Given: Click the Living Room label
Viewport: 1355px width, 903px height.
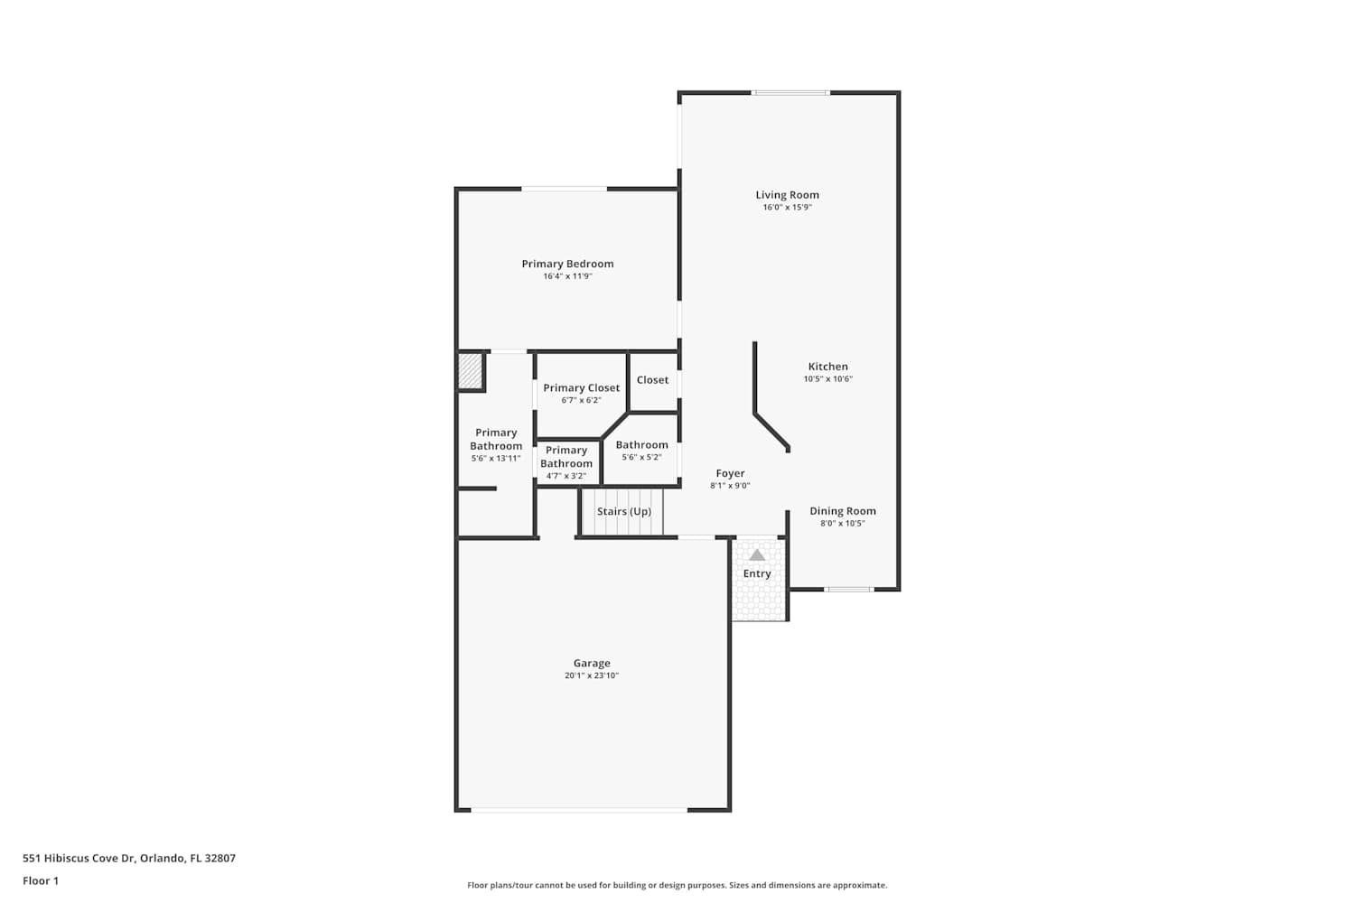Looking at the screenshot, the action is (787, 195).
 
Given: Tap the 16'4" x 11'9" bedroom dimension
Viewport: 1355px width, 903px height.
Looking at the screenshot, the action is (567, 276).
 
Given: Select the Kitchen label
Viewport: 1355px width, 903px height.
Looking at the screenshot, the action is (828, 367).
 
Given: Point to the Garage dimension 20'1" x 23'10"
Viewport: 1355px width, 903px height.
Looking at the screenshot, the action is (592, 675).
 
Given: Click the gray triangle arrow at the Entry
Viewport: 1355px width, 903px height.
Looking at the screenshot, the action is (757, 554).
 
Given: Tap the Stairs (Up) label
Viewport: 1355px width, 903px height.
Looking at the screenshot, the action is (624, 511).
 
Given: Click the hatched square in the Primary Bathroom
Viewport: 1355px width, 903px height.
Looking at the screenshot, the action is (470, 371).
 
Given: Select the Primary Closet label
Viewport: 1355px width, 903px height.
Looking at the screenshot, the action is (582, 387).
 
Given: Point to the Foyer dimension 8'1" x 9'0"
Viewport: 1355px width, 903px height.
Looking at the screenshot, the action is (730, 486).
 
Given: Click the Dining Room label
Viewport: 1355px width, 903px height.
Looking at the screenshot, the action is (843, 511).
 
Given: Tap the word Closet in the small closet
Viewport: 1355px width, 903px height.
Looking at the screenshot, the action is (653, 380).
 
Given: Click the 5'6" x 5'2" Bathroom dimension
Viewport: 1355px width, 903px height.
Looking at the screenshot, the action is (641, 457).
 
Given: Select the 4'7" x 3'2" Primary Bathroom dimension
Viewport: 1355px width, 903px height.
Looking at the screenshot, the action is (566, 476).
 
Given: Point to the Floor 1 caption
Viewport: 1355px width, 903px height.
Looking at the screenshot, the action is (41, 880).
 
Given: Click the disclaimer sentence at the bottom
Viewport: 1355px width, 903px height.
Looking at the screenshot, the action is (677, 885).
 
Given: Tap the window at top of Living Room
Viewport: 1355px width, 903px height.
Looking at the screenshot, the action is (790, 92).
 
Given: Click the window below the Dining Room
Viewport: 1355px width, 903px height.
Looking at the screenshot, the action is (849, 589).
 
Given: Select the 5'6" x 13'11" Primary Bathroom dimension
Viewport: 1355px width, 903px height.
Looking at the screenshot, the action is (496, 459).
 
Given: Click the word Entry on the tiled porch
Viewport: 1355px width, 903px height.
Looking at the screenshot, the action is (757, 573).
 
